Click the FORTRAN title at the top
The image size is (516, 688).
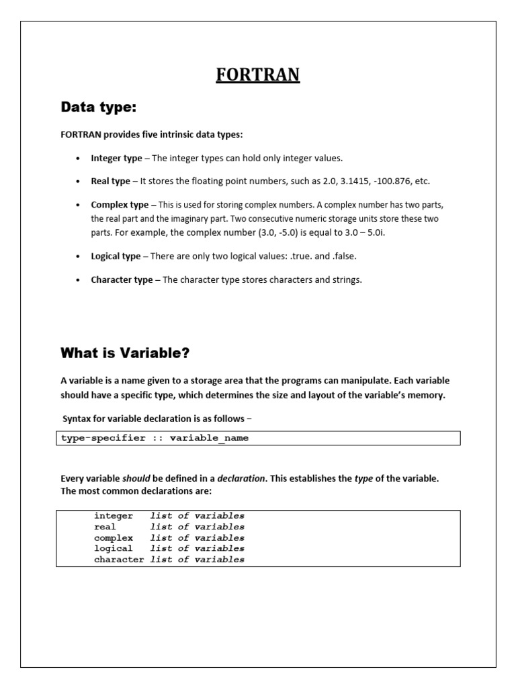[x=257, y=74]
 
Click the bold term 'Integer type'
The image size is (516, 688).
[x=116, y=158]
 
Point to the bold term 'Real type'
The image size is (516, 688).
[x=110, y=181]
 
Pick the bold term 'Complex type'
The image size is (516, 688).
[x=120, y=204]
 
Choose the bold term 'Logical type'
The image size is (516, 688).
[x=116, y=256]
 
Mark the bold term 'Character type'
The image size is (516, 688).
[x=122, y=279]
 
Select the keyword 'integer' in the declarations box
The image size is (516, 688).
[x=114, y=516]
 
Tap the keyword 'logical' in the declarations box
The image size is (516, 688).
[x=114, y=548]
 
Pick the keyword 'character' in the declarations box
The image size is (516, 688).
[x=119, y=559]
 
